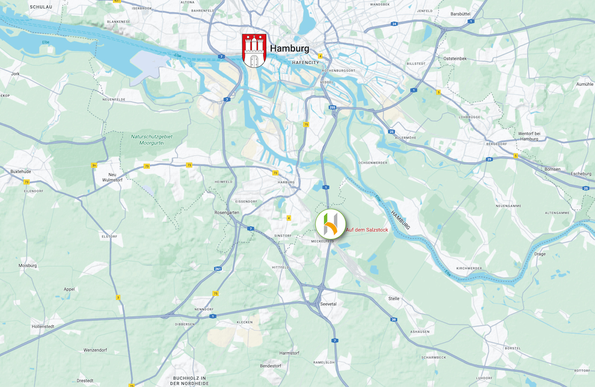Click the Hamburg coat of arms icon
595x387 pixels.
254,51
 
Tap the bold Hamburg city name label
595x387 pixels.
290,49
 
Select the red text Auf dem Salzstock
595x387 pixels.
367,230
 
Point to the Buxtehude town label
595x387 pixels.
21,171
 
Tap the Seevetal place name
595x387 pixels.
329,304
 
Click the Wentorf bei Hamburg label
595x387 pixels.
530,136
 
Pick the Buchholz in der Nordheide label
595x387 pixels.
189,381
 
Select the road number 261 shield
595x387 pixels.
218,269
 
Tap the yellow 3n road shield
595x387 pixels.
94,165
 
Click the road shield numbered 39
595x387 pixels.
394,320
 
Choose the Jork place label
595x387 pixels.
15,73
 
